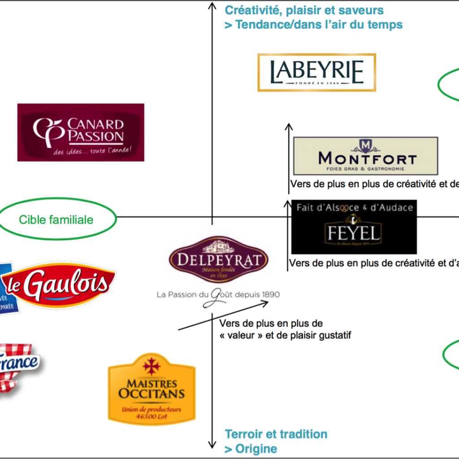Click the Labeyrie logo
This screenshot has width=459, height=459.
click(x=316, y=73)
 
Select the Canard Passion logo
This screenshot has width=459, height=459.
click(x=81, y=132)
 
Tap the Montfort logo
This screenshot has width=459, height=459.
click(x=365, y=156)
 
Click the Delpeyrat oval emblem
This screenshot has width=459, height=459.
click(x=218, y=260)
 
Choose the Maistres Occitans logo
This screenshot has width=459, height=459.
click(x=152, y=388)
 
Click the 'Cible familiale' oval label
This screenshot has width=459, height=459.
click(x=56, y=219)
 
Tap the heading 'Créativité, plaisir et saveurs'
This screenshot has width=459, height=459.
click(x=304, y=10)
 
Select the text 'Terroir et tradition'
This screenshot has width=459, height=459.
click(x=276, y=434)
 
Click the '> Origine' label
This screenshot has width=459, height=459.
click(x=251, y=449)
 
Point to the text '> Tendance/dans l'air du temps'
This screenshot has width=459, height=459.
click(x=313, y=24)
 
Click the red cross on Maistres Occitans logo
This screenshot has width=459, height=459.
click(x=152, y=366)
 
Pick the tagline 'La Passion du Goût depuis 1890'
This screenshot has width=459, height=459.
click(x=218, y=295)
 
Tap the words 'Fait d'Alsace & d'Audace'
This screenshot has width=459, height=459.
click(x=354, y=207)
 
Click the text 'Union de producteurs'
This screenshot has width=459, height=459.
click(x=152, y=409)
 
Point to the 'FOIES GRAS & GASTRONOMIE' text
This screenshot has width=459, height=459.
click(x=365, y=169)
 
